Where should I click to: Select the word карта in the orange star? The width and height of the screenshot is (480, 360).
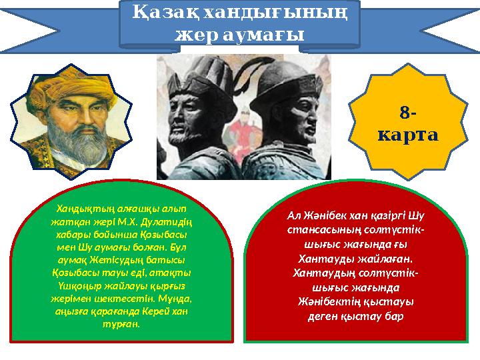pos(407,135)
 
